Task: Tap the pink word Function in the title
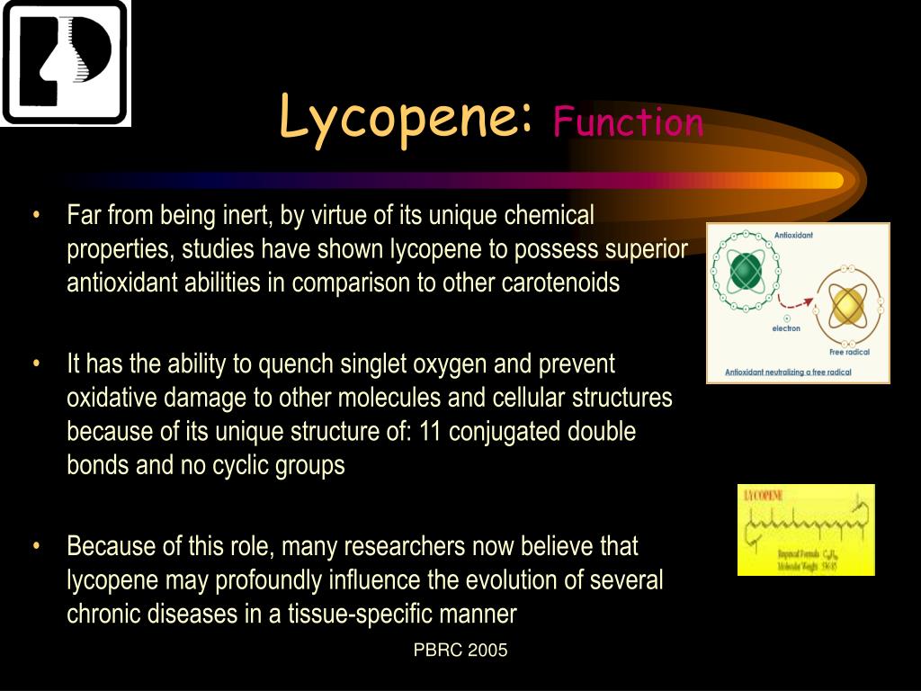pyautogui.click(x=628, y=121)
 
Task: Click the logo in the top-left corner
pyautogui.click(x=65, y=62)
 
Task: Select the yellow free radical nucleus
pyautogui.click(x=846, y=307)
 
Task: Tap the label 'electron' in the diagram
pyautogui.click(x=786, y=328)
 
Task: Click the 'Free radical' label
pyautogui.click(x=850, y=352)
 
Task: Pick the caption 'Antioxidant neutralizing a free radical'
pyautogui.click(x=788, y=372)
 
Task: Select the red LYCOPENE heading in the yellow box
pyautogui.click(x=764, y=496)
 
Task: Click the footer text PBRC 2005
pyautogui.click(x=460, y=651)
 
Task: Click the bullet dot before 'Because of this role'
pyautogui.click(x=36, y=546)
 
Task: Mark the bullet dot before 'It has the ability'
pyautogui.click(x=36, y=364)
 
